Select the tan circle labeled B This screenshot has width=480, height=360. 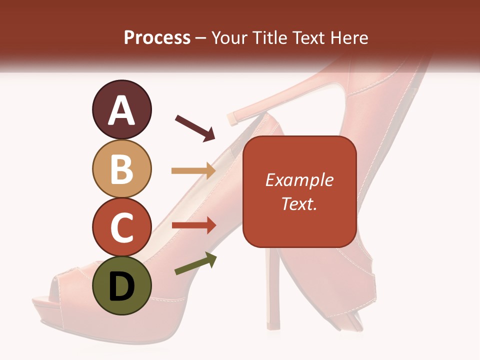(121, 168)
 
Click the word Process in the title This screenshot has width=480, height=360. (157, 37)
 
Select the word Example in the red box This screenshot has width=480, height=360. (299, 180)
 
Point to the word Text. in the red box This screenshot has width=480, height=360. (299, 203)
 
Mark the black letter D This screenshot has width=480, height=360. (121, 286)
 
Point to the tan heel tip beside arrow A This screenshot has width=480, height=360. (233, 118)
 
